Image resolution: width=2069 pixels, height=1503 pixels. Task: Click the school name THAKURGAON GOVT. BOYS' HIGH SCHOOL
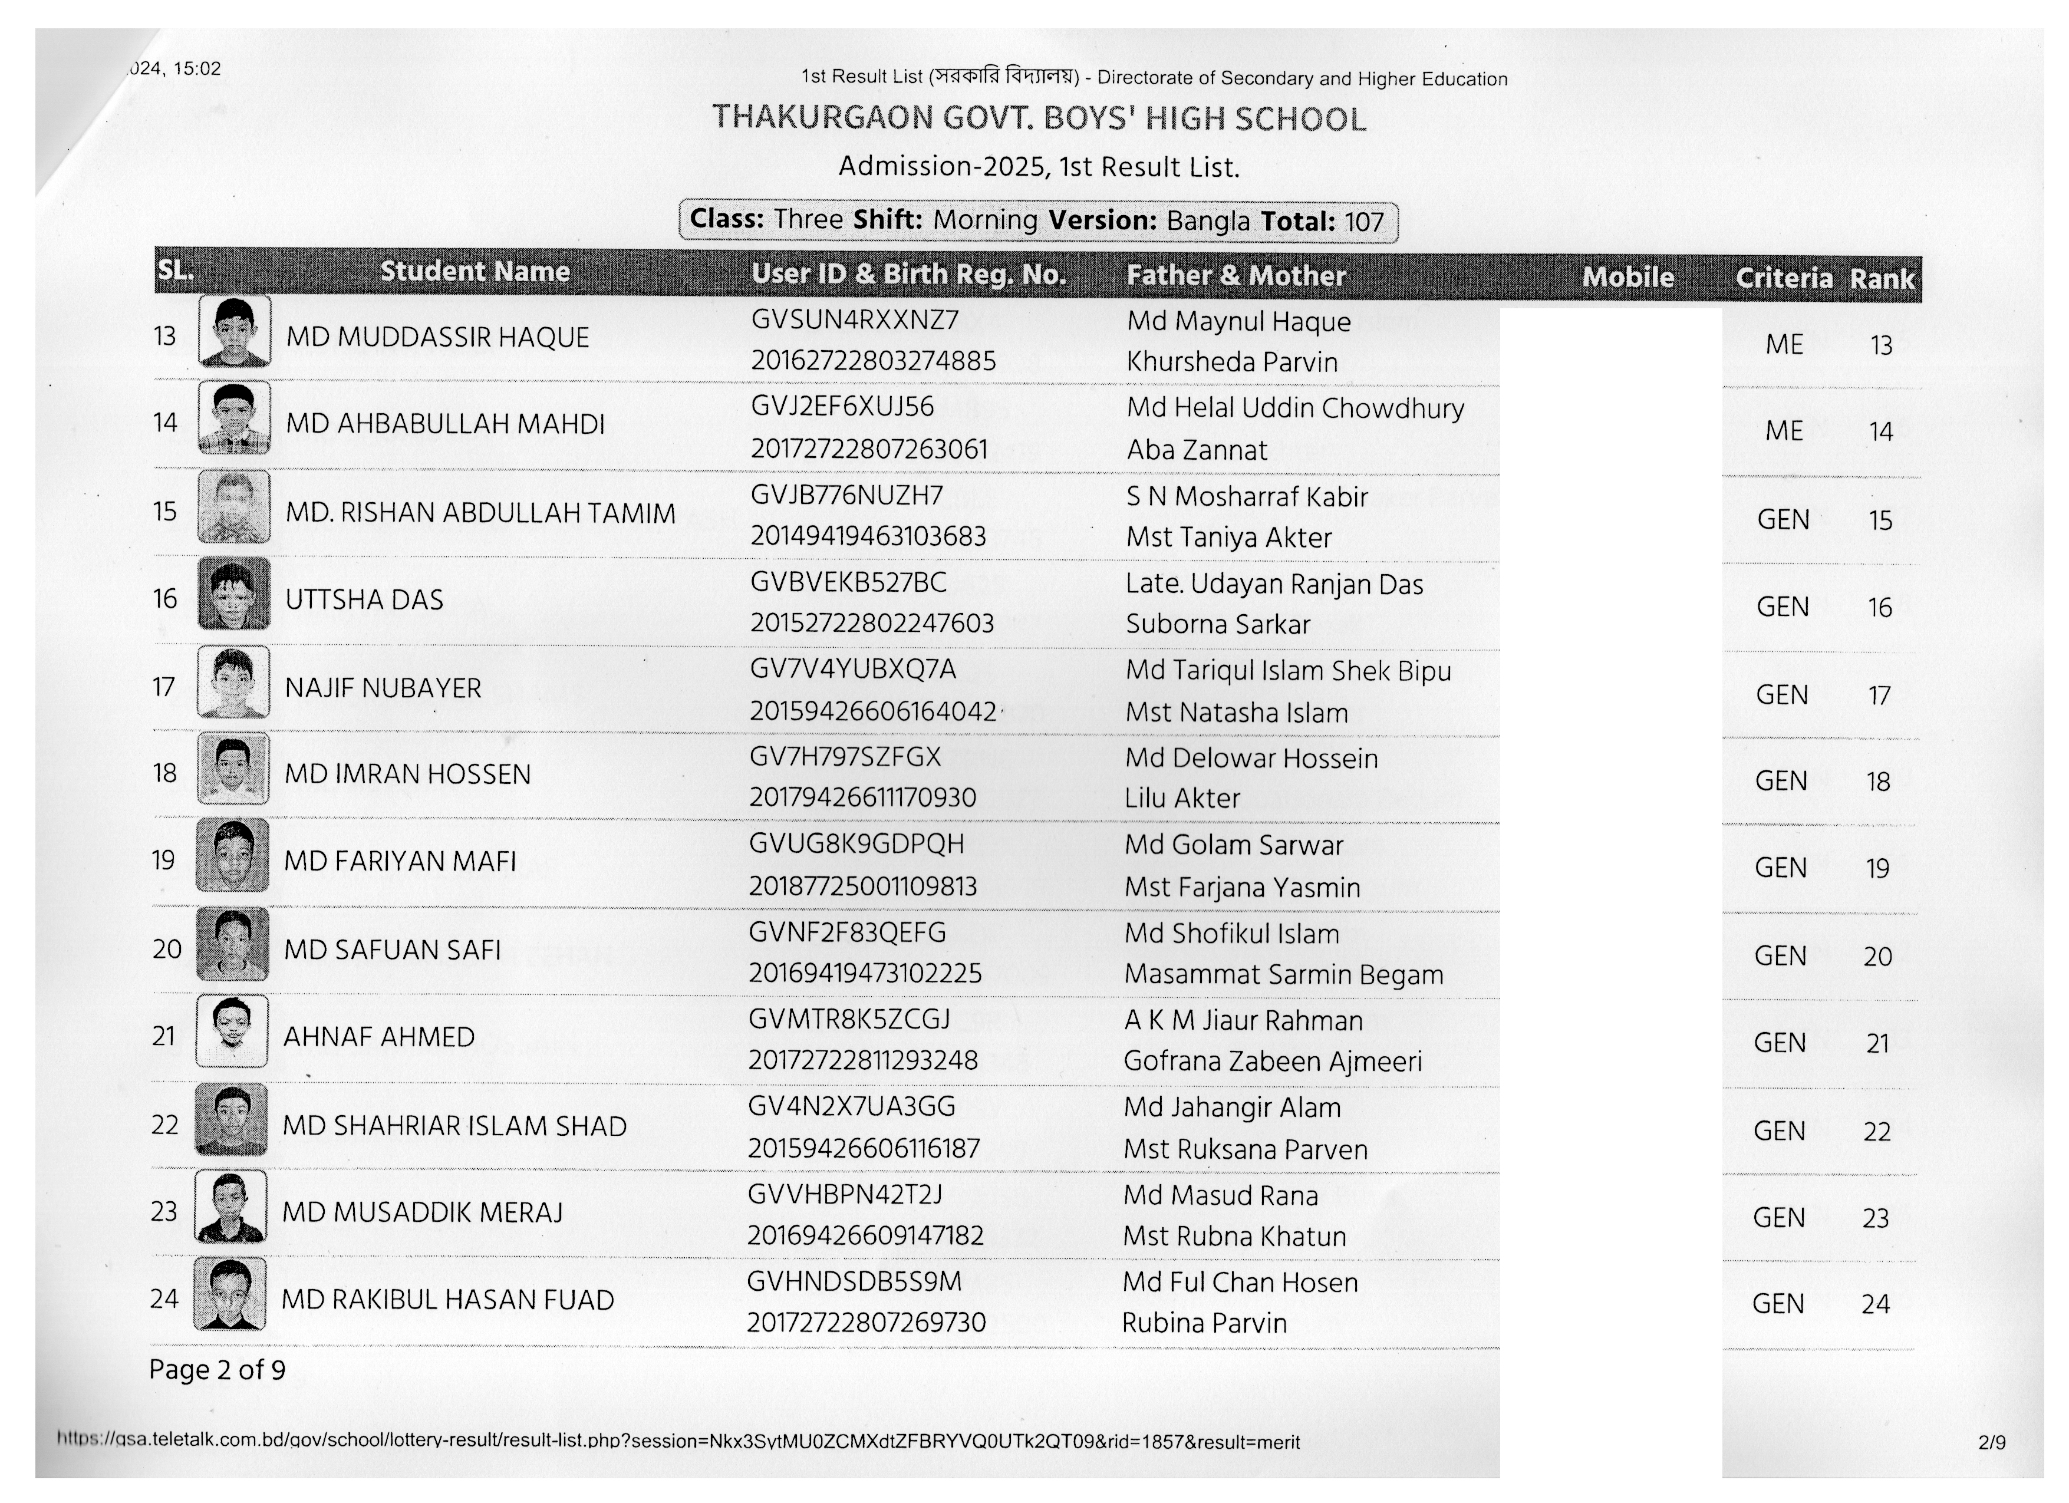pyautogui.click(x=1039, y=118)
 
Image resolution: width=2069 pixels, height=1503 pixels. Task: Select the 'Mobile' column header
pyautogui.click(x=1627, y=277)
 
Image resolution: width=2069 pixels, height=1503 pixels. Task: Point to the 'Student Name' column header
pyautogui.click(x=475, y=272)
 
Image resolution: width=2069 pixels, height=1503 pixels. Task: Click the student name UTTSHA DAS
pyautogui.click(x=364, y=600)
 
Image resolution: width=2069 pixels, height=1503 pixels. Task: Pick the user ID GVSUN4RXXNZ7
pyautogui.click(x=855, y=320)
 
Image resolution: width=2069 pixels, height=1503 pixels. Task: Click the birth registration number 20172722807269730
pyautogui.click(x=866, y=1323)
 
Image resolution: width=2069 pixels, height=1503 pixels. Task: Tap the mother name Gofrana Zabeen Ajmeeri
pyautogui.click(x=1273, y=1062)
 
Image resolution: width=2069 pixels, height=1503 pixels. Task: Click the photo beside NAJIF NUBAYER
pyautogui.click(x=233, y=682)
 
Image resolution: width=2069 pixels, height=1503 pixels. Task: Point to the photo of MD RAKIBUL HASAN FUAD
pyautogui.click(x=230, y=1294)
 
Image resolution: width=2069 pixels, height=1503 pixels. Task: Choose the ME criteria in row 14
pyautogui.click(x=1784, y=430)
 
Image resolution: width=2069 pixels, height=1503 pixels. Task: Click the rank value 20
pyautogui.click(x=1877, y=957)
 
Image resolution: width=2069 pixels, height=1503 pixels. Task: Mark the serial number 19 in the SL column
pyautogui.click(x=163, y=860)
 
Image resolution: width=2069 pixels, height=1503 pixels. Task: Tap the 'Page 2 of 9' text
pyautogui.click(x=217, y=1370)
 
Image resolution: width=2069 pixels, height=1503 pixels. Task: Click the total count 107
pyautogui.click(x=1364, y=222)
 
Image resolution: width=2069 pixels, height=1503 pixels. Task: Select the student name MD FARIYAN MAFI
pyautogui.click(x=400, y=861)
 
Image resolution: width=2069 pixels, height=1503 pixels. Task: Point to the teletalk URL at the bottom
pyautogui.click(x=678, y=1442)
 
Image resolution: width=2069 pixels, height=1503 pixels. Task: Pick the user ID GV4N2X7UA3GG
pyautogui.click(x=851, y=1106)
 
